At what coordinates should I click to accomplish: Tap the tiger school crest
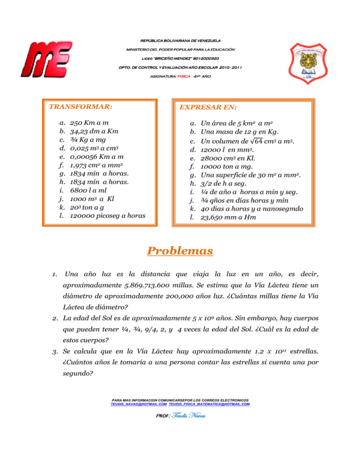tap(314, 63)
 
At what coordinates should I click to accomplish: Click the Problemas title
tap(180, 251)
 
